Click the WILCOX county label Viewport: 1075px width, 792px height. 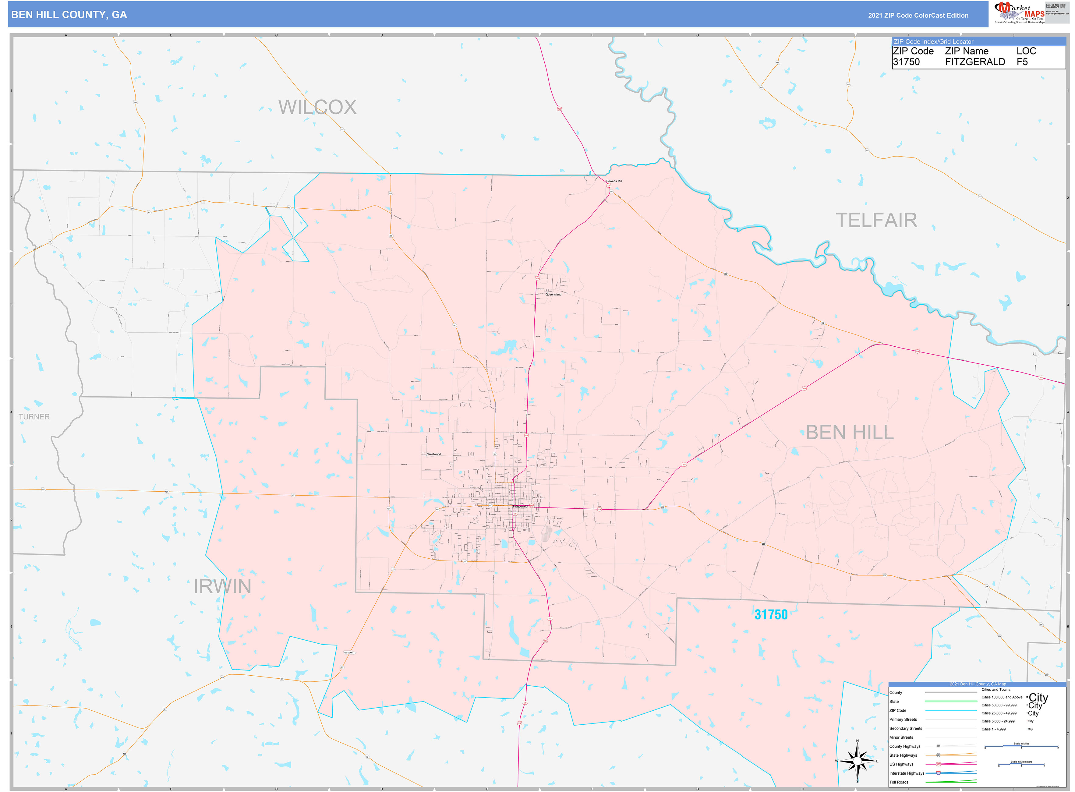tap(317, 107)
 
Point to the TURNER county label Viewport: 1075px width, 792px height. tap(34, 417)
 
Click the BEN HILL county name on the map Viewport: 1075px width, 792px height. tap(849, 433)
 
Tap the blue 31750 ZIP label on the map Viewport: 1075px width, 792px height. tap(770, 615)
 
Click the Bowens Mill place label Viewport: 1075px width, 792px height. tap(614, 181)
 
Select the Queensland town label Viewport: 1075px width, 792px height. tap(553, 294)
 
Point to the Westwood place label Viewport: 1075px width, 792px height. tap(434, 454)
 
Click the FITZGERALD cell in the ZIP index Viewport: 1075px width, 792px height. tap(975, 62)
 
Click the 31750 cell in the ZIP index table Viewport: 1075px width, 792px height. tap(906, 62)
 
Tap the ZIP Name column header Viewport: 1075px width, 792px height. tap(967, 51)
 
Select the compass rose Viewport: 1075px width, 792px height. tap(857, 761)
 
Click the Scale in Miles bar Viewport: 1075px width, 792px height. tap(1021, 746)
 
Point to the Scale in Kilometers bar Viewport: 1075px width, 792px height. tap(1021, 765)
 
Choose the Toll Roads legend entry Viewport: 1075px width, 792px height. tap(899, 782)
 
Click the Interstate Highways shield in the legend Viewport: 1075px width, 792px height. tap(938, 773)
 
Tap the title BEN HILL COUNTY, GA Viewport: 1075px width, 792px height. tap(69, 15)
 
